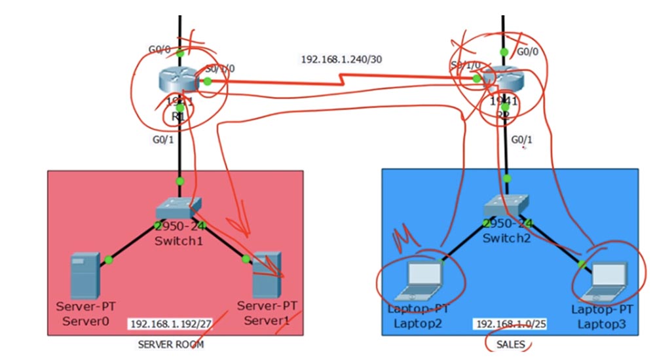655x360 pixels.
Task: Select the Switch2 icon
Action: coord(507,206)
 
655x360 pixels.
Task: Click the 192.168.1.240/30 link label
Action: coord(341,59)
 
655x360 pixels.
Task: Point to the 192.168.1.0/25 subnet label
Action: coord(506,324)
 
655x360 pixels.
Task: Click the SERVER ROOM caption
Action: coord(175,344)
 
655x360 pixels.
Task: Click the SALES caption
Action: coord(510,344)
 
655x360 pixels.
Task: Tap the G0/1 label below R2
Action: coord(522,139)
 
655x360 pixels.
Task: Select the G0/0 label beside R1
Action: coord(159,48)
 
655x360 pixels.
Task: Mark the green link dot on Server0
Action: coord(108,260)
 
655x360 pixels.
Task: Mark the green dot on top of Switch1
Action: coord(179,181)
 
